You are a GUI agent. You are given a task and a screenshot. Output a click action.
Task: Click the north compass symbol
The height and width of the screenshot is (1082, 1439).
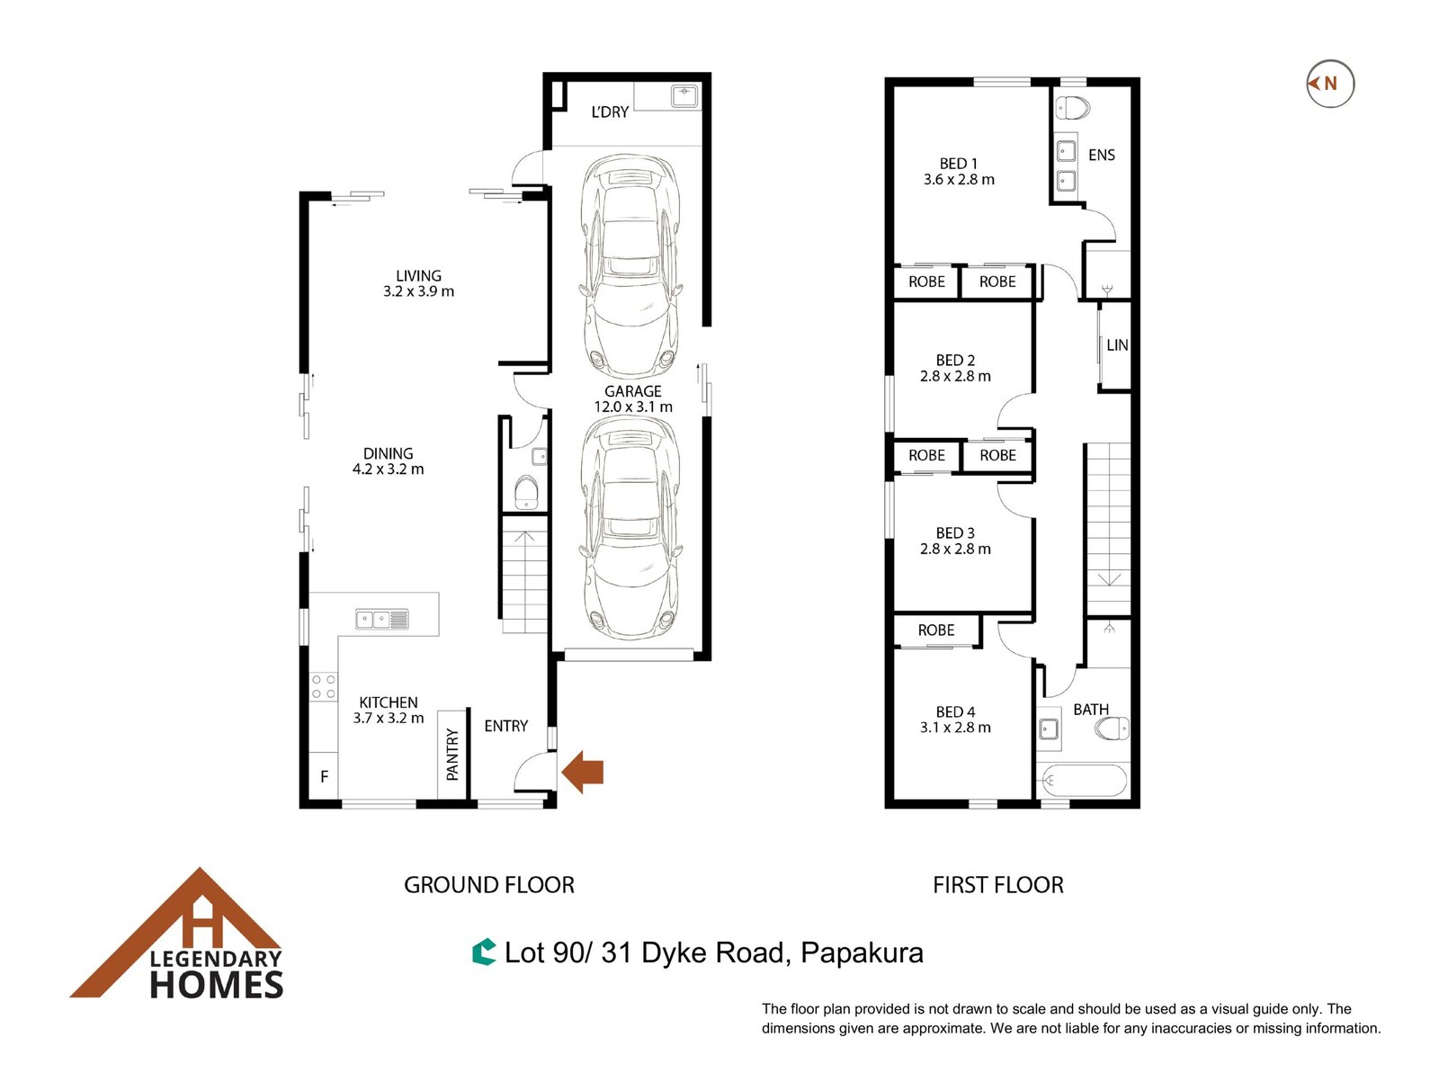(x=1329, y=84)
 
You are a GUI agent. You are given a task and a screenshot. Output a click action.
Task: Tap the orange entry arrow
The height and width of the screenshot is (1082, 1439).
(x=582, y=772)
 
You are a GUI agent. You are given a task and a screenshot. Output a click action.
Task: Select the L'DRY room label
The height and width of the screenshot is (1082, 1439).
(x=610, y=112)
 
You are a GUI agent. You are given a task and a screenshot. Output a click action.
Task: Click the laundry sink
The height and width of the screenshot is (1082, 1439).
(x=684, y=95)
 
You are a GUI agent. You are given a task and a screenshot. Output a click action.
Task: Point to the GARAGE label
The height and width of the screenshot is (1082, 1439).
(x=632, y=391)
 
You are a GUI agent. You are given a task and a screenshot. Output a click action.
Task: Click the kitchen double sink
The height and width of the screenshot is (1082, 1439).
(x=382, y=619)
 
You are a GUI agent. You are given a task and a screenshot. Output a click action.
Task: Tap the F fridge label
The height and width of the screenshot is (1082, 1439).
(x=324, y=776)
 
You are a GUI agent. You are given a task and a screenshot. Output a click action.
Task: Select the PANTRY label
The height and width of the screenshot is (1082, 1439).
(x=452, y=755)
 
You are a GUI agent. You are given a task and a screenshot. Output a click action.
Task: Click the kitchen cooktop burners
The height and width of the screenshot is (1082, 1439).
(x=324, y=687)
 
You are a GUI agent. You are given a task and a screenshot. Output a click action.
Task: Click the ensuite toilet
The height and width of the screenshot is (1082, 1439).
(x=1073, y=107)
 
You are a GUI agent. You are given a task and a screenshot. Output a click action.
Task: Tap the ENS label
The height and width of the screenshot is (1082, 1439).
(x=1102, y=156)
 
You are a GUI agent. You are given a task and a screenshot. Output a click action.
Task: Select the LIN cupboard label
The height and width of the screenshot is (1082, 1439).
(x=1117, y=345)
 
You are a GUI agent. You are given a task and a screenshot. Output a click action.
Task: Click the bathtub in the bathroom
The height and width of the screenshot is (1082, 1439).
(x=1083, y=780)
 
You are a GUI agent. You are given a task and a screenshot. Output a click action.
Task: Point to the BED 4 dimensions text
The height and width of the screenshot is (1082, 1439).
(x=955, y=728)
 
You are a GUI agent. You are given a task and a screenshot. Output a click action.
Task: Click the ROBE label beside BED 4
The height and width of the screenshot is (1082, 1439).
(x=936, y=630)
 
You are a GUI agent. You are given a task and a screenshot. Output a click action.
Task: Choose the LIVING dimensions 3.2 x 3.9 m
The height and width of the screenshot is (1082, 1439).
(x=419, y=291)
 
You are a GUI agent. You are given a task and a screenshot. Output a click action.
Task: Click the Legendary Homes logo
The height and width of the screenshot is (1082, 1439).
(x=177, y=934)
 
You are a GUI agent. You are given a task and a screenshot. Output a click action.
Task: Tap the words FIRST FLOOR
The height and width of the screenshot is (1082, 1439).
(x=997, y=885)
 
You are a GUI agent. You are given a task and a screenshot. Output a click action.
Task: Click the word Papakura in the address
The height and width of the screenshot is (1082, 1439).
(x=862, y=953)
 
